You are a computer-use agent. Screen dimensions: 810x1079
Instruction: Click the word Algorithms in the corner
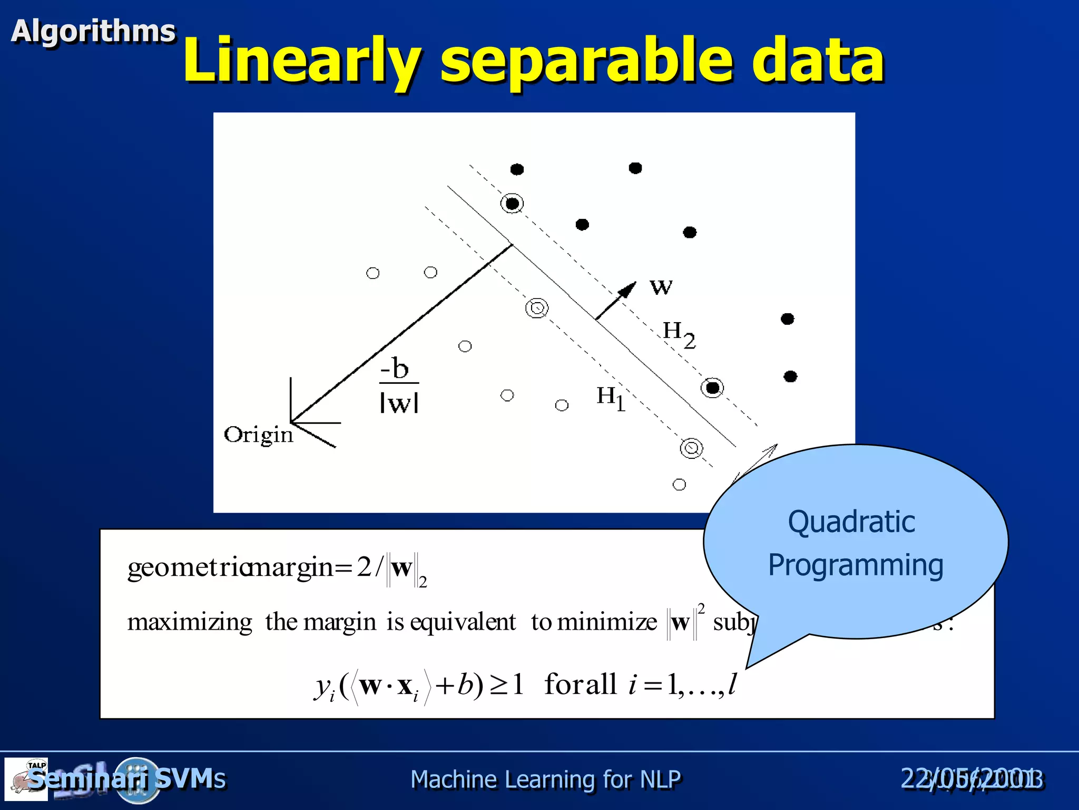[x=93, y=31]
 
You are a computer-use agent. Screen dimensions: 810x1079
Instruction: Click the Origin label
[x=258, y=435]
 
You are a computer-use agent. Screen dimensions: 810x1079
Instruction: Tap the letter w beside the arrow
[x=661, y=286]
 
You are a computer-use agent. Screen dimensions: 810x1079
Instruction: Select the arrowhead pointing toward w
[x=628, y=290]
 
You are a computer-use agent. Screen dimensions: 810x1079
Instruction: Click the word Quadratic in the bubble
[x=851, y=522]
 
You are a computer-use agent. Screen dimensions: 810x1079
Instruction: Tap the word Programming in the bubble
[x=856, y=565]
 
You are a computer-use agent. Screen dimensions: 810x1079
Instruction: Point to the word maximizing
[x=190, y=623]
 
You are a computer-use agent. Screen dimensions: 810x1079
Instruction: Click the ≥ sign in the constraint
[x=498, y=685]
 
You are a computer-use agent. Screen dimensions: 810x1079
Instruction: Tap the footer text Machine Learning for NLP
[x=545, y=779]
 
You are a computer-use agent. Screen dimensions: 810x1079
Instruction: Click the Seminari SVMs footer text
[x=126, y=779]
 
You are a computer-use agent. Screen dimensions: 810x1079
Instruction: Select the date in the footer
[x=972, y=779]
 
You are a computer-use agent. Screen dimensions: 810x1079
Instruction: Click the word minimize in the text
[x=607, y=622]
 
